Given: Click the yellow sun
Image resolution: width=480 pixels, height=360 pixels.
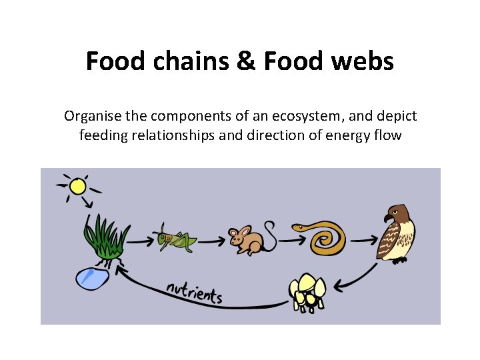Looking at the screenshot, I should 78,185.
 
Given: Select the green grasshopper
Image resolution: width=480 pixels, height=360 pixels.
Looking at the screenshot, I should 176,238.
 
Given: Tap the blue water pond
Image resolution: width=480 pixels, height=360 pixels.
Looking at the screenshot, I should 93,277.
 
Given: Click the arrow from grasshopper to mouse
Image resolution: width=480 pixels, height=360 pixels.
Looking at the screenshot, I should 209,240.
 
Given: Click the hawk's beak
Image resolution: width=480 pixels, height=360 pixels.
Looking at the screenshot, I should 386,218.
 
